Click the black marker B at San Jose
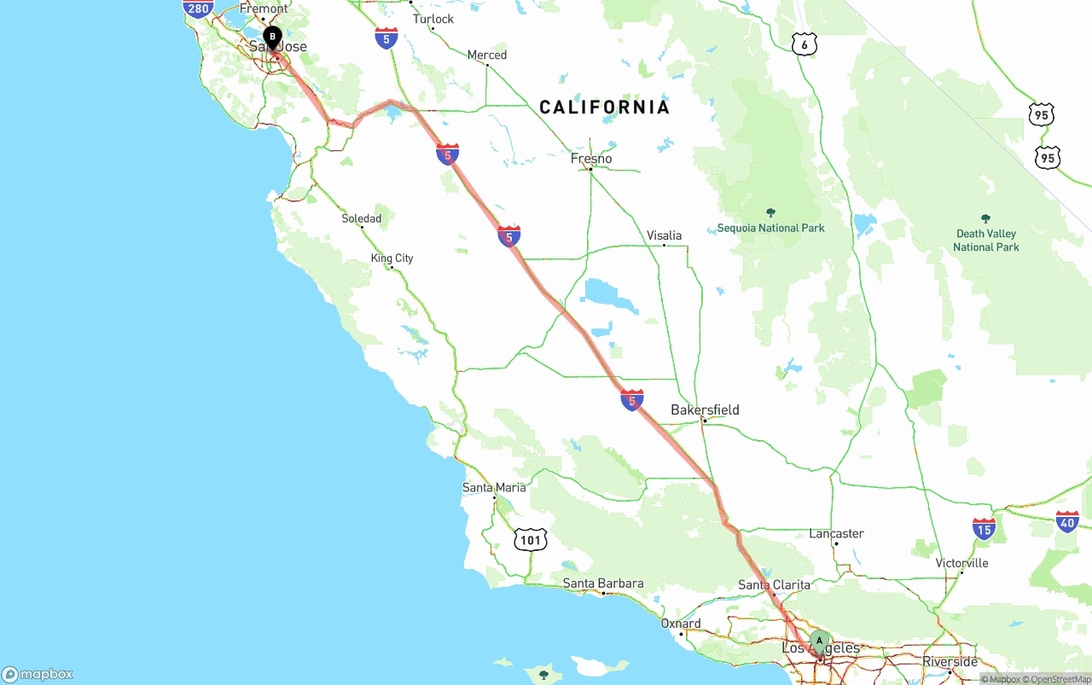pos(272,38)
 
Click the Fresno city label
pos(591,159)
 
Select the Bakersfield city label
pos(705,410)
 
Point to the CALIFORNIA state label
pos(604,107)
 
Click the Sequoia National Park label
pos(770,228)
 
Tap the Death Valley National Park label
pos(986,240)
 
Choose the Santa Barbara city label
pos(603,584)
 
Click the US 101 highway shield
pos(531,539)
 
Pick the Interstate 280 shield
pos(198,9)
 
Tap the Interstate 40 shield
pos(1067,522)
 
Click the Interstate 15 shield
pos(984,529)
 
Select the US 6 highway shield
pos(804,44)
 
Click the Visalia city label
pos(664,235)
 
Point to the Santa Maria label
pos(494,488)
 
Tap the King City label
pos(392,258)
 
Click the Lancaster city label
pos(836,534)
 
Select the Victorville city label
pos(961,563)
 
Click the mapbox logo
pos(38,674)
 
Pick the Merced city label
pos(486,55)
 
